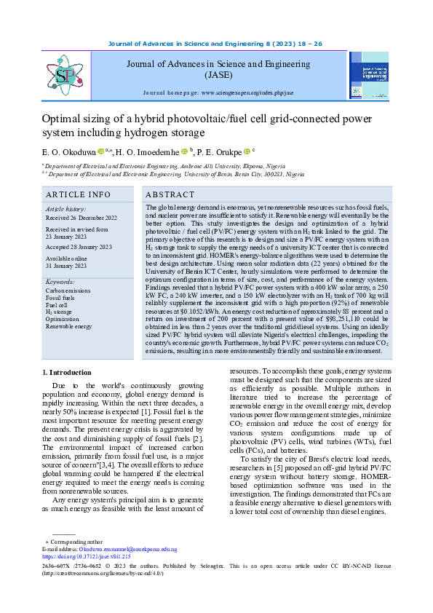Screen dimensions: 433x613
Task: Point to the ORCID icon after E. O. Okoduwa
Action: [x=101, y=151]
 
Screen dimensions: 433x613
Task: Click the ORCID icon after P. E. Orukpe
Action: [x=247, y=151]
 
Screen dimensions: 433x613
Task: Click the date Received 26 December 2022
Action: [x=81, y=217]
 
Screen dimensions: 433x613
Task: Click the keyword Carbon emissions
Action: [x=68, y=290]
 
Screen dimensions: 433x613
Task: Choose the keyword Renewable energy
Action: [x=69, y=327]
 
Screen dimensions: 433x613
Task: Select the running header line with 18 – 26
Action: [x=215, y=44]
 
